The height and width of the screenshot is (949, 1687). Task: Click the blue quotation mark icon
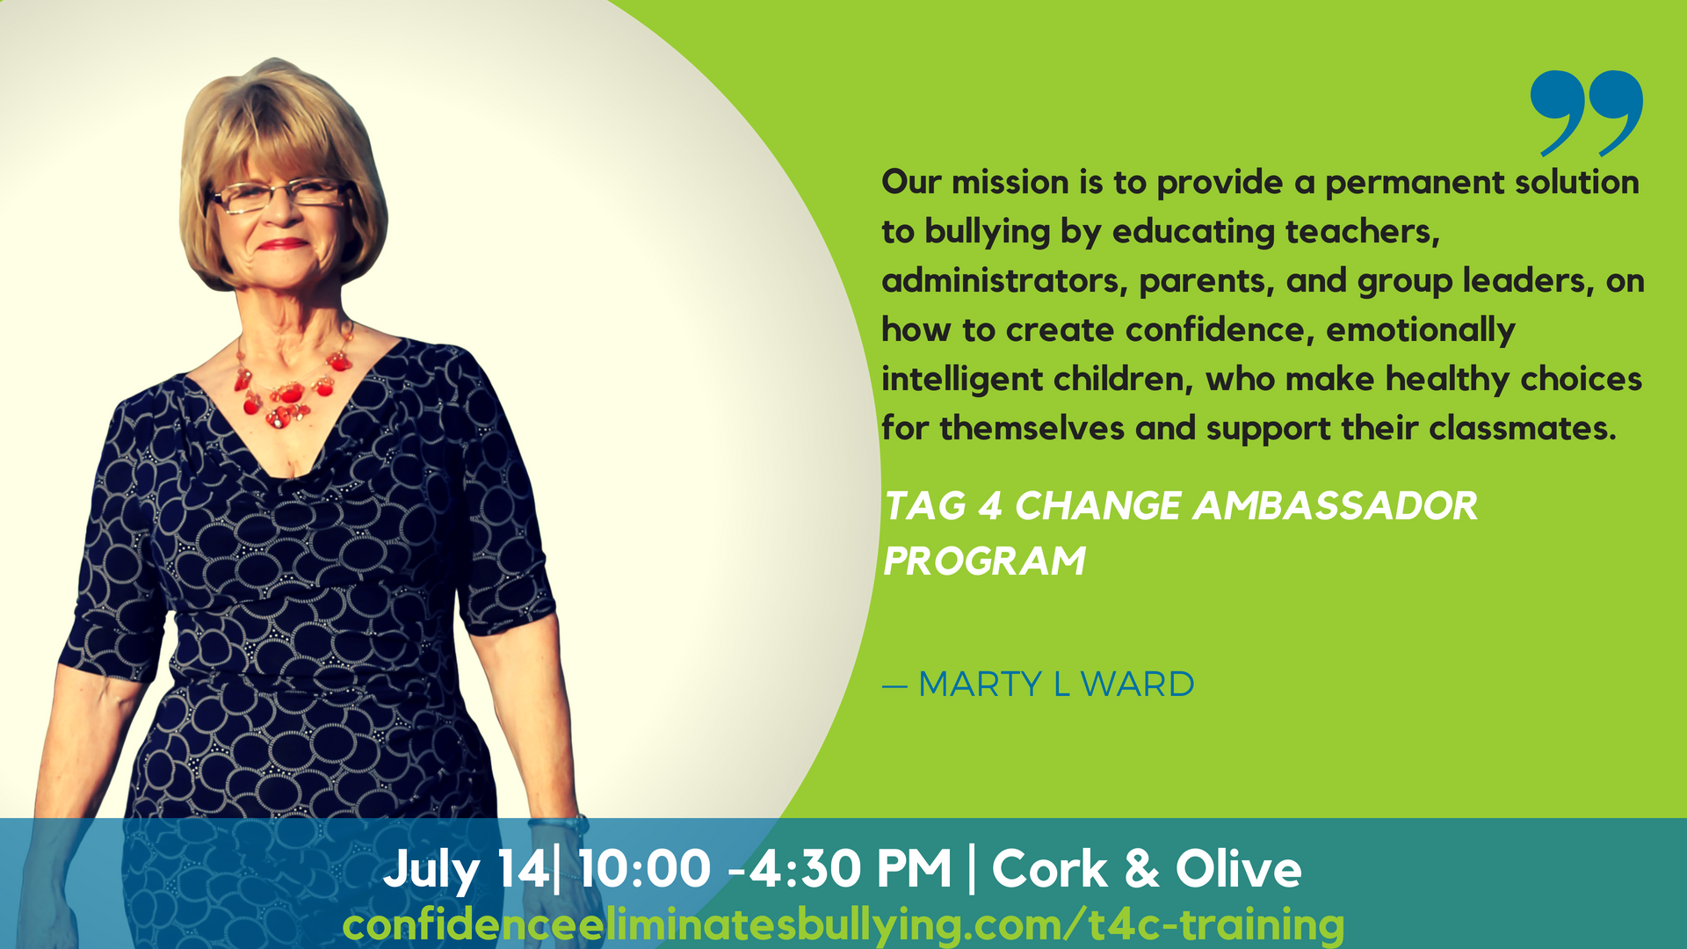click(x=1586, y=112)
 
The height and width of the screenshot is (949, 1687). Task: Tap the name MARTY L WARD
click(x=1056, y=685)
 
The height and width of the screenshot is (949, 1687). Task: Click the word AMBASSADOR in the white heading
click(x=1335, y=506)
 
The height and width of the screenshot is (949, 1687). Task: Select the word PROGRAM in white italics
click(x=984, y=561)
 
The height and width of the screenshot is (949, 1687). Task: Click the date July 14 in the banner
click(x=466, y=870)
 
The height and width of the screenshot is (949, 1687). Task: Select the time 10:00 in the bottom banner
click(x=644, y=870)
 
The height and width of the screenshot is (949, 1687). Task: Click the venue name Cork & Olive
click(x=1147, y=870)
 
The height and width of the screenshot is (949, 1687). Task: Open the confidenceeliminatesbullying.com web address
click(x=843, y=925)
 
